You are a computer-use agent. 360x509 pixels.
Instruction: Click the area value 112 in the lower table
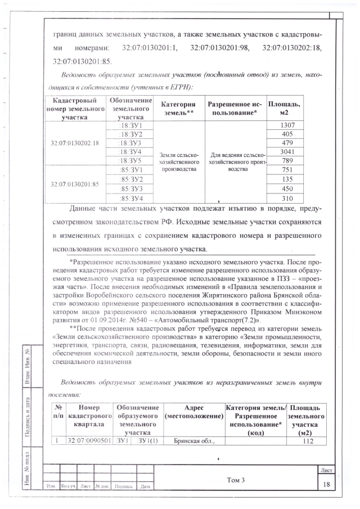pos(307,441)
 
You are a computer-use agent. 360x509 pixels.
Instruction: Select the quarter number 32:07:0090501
pos(89,441)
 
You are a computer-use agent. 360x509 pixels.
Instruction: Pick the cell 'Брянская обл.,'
pos(193,441)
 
